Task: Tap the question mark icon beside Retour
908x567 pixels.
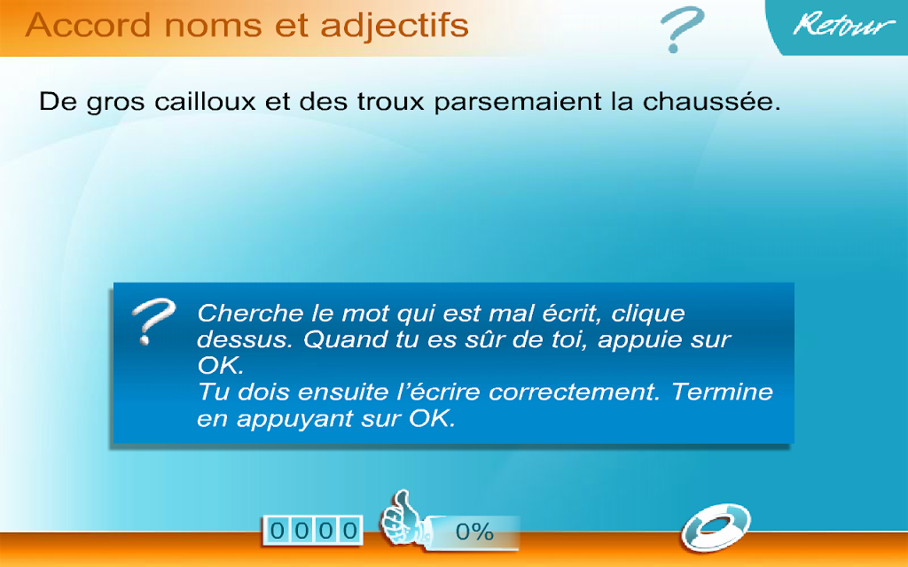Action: point(682,29)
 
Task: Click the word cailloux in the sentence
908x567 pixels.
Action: point(205,102)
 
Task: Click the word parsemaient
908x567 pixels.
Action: point(518,103)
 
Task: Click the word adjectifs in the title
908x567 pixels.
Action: point(395,27)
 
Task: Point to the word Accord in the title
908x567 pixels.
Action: point(88,26)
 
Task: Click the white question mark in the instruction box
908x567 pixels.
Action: point(153,321)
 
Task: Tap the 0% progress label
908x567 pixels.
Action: point(474,532)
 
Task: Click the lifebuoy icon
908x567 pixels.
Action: point(716,527)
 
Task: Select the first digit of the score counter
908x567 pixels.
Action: point(278,531)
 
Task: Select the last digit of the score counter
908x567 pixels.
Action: point(350,531)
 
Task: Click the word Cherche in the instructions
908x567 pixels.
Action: point(250,313)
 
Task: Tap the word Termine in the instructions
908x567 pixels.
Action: point(722,392)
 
